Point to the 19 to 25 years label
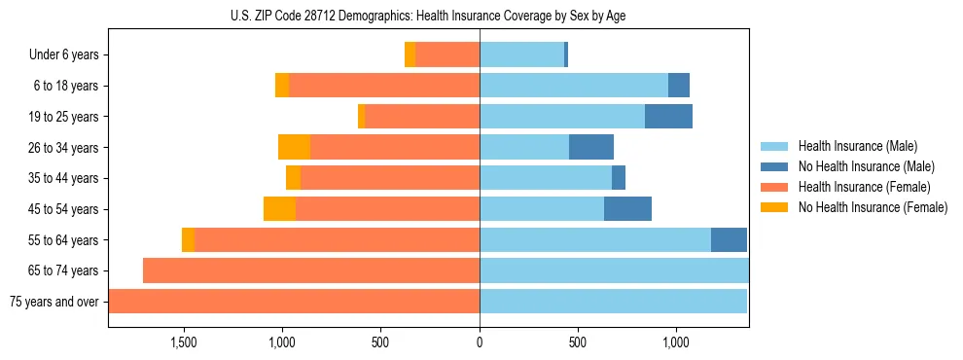point(65,117)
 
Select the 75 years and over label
point(54,302)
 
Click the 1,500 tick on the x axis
point(184,342)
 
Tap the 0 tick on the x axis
point(480,342)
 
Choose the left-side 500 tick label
point(380,342)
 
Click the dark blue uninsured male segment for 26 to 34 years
point(591,147)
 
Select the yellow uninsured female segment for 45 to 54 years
point(279,209)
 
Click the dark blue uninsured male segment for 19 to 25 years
point(668,117)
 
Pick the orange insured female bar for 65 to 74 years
point(311,270)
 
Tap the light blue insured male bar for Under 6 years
point(521,55)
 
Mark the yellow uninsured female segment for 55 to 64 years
point(188,240)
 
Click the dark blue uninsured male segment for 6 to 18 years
point(679,86)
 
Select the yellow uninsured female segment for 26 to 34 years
point(294,147)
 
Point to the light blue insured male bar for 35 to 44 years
point(546,178)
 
